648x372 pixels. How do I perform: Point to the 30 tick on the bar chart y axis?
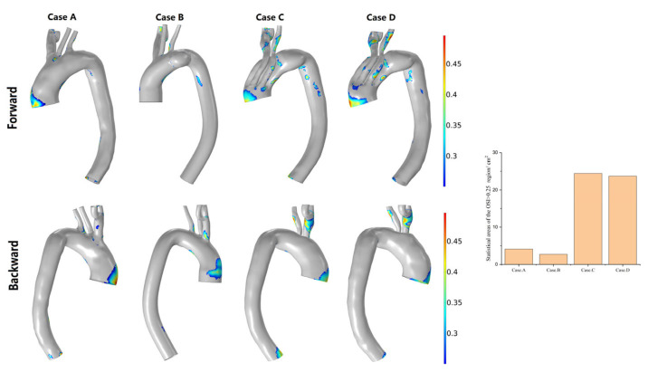500,155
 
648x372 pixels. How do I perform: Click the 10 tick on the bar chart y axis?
500,226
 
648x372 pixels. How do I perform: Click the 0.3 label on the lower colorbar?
461,333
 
